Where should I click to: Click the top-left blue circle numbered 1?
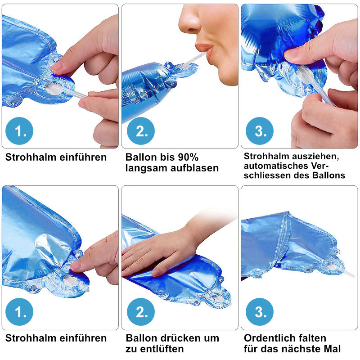(x=19, y=131)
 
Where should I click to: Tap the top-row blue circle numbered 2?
(x=141, y=131)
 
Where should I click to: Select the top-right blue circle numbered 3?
(x=260, y=131)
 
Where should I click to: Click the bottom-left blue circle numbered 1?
(x=19, y=312)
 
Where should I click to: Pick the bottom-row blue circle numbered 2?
(x=141, y=312)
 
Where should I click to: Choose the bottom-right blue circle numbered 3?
(x=260, y=312)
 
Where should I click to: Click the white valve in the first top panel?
(x=54, y=88)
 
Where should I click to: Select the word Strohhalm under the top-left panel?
(x=31, y=157)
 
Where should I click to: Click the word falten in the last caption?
(x=312, y=338)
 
